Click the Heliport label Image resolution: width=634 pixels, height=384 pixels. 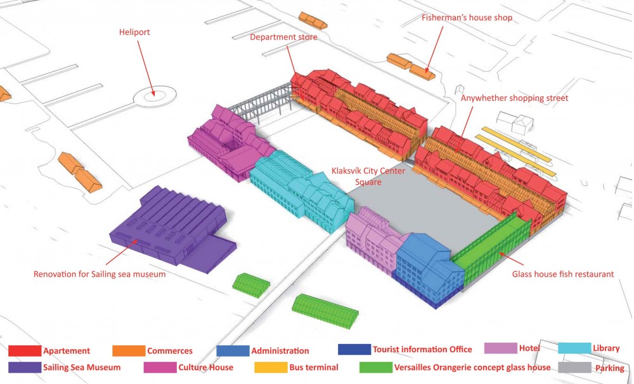click(x=134, y=32)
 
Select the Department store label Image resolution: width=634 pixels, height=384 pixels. click(x=283, y=37)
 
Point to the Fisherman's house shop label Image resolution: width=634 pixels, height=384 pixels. click(x=467, y=18)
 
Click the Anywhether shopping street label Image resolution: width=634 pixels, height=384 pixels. click(x=514, y=98)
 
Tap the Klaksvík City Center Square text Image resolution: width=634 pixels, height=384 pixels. click(x=368, y=176)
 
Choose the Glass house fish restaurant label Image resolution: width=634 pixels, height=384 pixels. click(x=563, y=274)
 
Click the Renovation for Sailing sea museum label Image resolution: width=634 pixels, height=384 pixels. click(x=100, y=274)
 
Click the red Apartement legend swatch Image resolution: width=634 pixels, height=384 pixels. click(x=24, y=351)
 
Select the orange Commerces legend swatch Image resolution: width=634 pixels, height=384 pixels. click(x=129, y=351)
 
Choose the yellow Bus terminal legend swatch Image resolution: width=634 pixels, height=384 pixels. click(x=271, y=367)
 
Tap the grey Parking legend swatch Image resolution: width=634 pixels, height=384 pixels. click(x=574, y=367)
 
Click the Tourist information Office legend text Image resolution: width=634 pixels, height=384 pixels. click(x=422, y=349)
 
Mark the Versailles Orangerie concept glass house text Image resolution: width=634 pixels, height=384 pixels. click(x=472, y=367)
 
